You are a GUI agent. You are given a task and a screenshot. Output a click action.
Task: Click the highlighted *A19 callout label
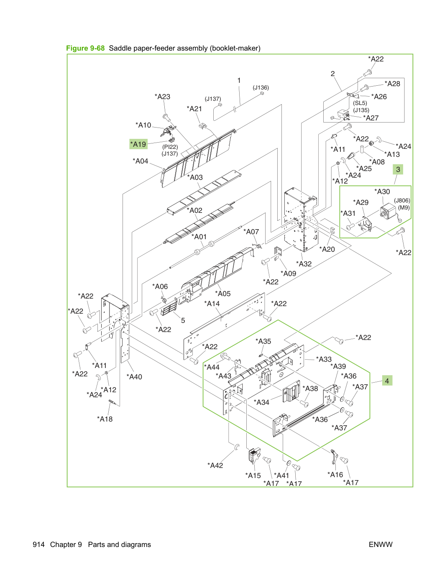click(138, 144)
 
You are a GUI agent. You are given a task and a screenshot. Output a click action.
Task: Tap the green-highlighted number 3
click(398, 169)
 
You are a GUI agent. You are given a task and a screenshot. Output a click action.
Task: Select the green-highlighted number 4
click(387, 381)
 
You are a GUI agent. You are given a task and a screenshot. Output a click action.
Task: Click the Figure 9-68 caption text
click(85, 48)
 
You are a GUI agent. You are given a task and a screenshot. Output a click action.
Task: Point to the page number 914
click(38, 544)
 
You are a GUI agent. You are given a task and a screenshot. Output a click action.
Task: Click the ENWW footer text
click(381, 544)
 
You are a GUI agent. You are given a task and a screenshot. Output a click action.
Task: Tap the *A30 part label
click(382, 192)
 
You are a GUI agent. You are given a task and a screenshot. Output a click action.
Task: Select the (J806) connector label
click(402, 201)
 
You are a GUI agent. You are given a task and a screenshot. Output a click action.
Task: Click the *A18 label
click(105, 419)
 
